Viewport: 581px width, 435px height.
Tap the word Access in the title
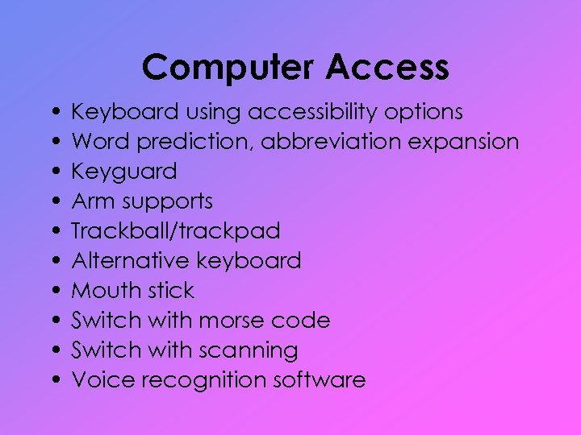(x=387, y=68)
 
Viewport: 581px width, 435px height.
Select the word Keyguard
(x=124, y=172)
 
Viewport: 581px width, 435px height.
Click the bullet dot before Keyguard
(x=52, y=172)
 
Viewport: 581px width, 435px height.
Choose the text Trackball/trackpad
(x=176, y=231)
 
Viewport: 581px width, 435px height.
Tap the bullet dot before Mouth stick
(x=52, y=292)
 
